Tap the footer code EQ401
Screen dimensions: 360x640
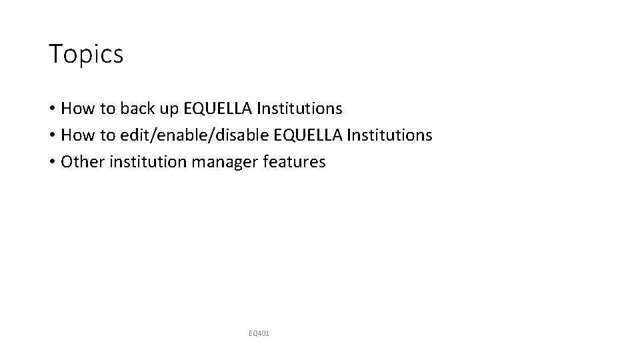pyautogui.click(x=259, y=332)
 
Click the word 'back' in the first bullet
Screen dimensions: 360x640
pyautogui.click(x=139, y=108)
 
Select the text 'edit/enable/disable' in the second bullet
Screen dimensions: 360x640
pyautogui.click(x=196, y=135)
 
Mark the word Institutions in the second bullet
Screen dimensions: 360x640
pyautogui.click(x=393, y=135)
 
